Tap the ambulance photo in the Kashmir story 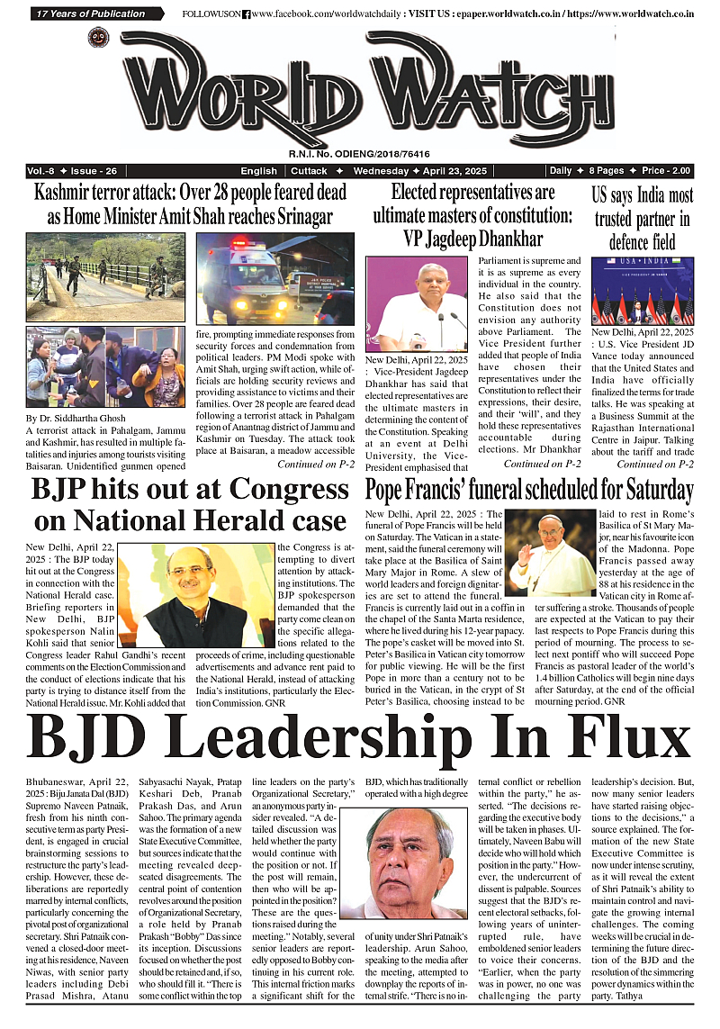pos(274,278)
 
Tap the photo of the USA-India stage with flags pos(642,291)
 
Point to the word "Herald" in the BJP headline pos(220,520)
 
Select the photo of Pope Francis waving pos(552,555)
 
